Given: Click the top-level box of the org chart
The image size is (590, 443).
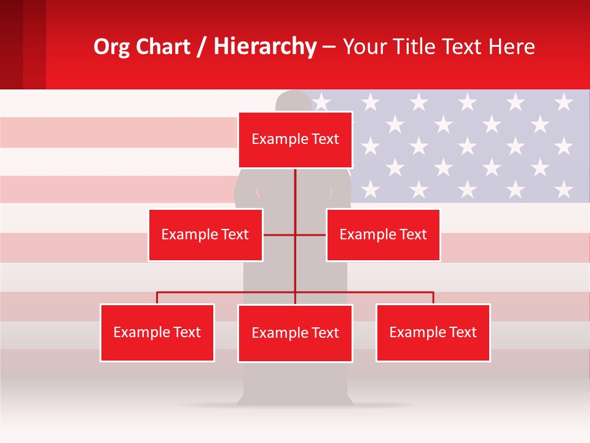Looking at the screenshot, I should pyautogui.click(x=295, y=140).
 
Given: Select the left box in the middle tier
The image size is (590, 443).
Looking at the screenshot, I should pyautogui.click(x=205, y=234).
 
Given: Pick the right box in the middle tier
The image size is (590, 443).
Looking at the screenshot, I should pyautogui.click(x=383, y=234).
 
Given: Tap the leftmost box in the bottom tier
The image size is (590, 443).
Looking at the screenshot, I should pyautogui.click(x=157, y=332).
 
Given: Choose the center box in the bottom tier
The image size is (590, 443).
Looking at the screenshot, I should pyautogui.click(x=295, y=333).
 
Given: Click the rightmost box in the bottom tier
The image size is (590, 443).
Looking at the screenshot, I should pyautogui.click(x=433, y=332).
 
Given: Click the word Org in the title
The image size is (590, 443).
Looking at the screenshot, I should pyautogui.click(x=111, y=47).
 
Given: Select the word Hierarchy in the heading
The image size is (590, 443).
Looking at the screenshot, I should pyautogui.click(x=265, y=47).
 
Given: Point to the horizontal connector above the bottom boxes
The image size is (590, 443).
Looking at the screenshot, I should pyautogui.click(x=227, y=292).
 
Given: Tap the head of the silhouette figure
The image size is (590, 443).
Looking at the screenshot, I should pyautogui.click(x=294, y=101).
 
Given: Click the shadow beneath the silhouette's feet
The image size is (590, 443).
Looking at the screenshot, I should pyautogui.click(x=294, y=405).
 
